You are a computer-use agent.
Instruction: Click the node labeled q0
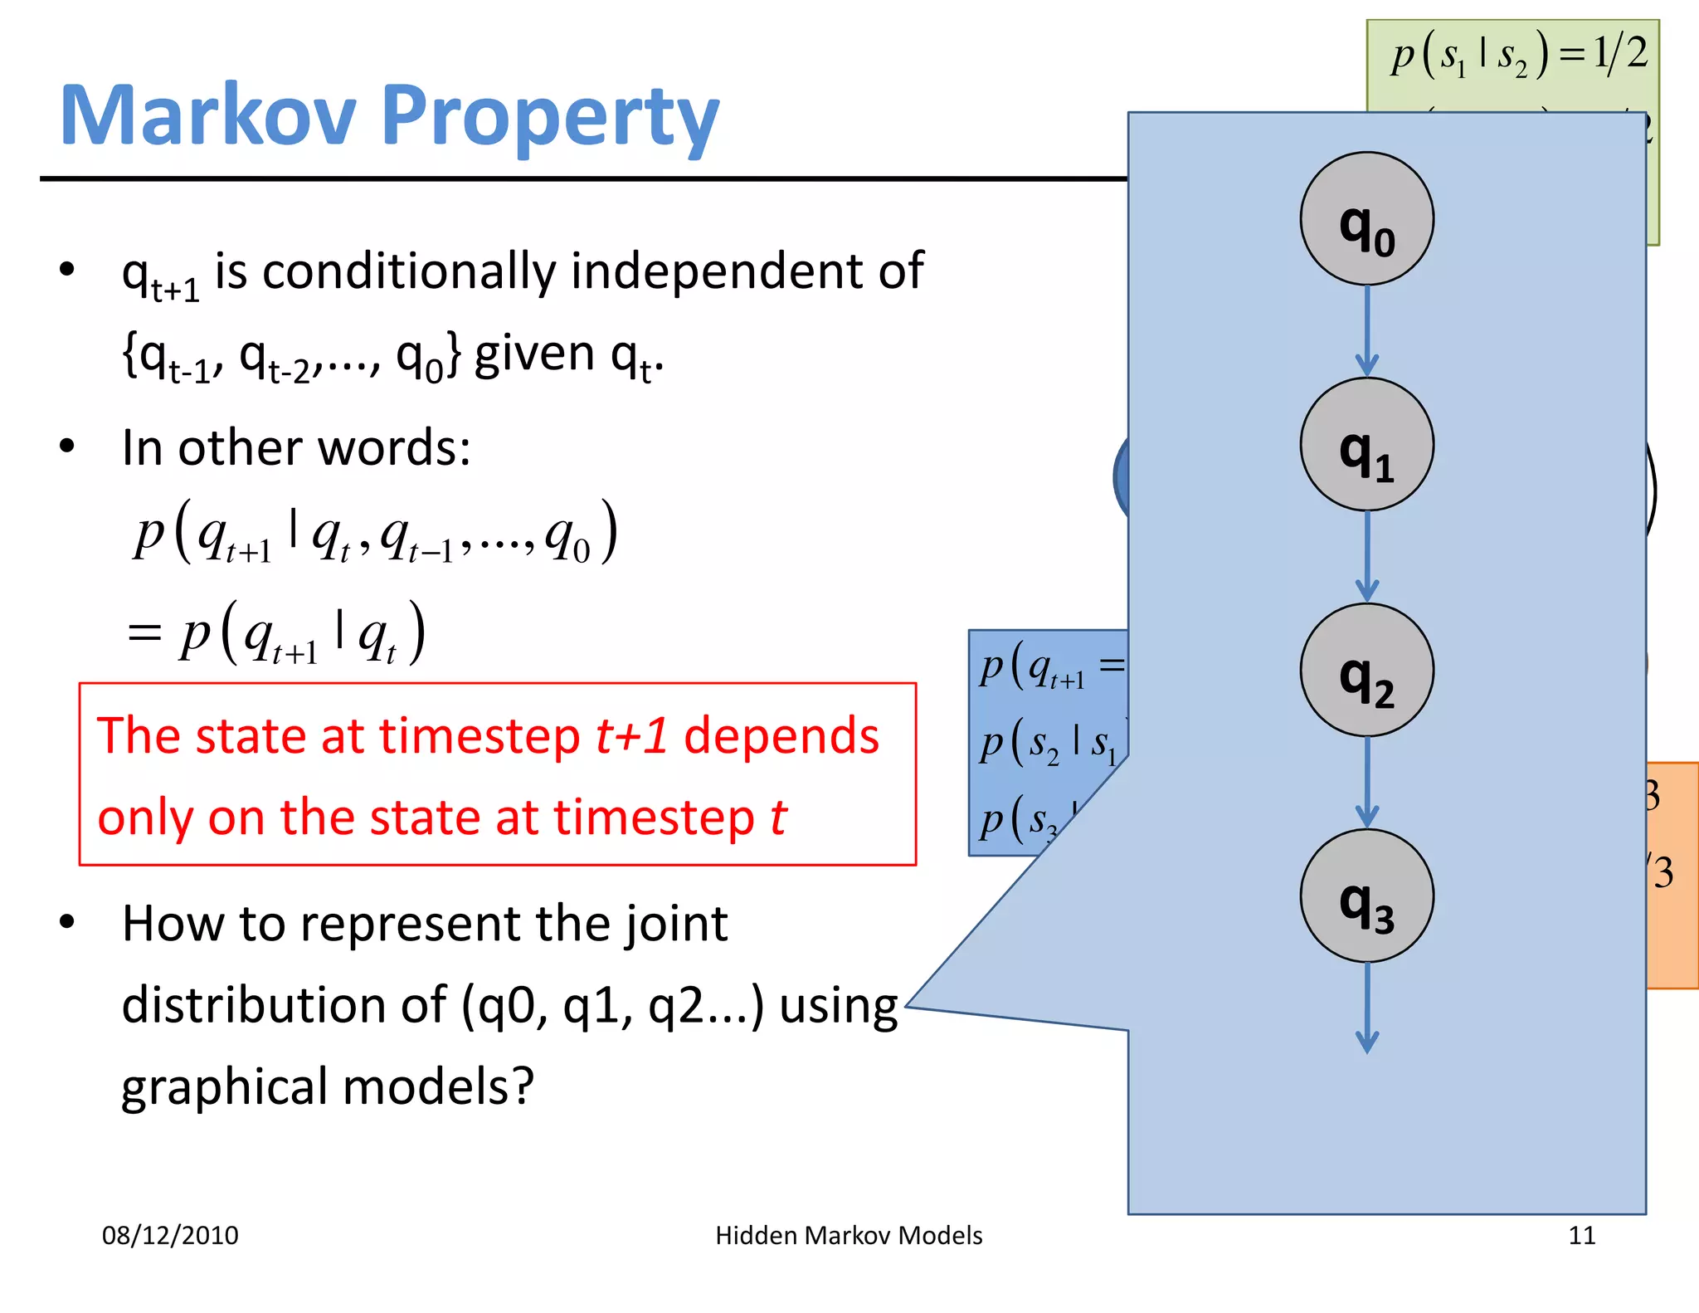tap(1366, 219)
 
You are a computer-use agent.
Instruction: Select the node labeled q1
tap(1366, 445)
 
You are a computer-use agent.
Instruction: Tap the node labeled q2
tap(1366, 671)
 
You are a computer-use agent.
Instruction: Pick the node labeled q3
tap(1366, 896)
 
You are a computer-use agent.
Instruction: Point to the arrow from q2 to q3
tap(1366, 782)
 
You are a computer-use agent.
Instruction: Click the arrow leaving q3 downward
tap(1366, 1008)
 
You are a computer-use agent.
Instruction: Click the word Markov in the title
tap(207, 116)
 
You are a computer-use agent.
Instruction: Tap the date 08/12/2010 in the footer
tap(170, 1235)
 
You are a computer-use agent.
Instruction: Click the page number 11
tap(1581, 1235)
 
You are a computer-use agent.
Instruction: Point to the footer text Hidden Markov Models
tap(849, 1235)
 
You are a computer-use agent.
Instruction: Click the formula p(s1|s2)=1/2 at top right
tap(1518, 55)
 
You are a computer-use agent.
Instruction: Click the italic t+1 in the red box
tap(632, 736)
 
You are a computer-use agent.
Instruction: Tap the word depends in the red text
tap(781, 736)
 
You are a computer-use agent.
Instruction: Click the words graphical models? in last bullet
tap(328, 1086)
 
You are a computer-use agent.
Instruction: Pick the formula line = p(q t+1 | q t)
tap(278, 634)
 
